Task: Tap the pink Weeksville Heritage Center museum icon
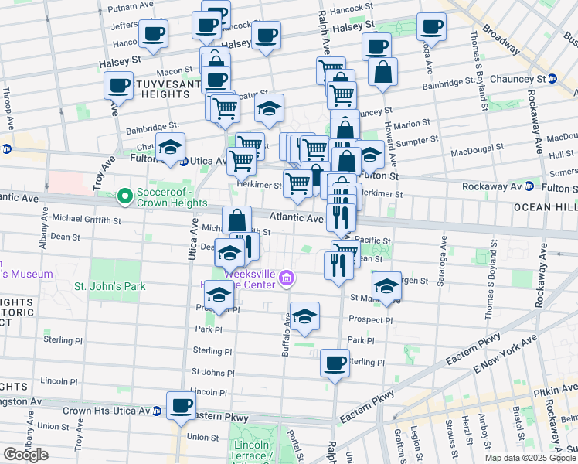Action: (287, 277)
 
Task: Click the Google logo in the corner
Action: (25, 455)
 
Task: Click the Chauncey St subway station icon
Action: (552, 79)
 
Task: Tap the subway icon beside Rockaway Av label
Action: (529, 186)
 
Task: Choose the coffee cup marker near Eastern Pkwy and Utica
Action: (182, 404)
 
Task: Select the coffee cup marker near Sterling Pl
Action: (335, 362)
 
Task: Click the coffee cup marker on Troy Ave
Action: (119, 85)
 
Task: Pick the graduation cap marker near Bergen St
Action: (386, 284)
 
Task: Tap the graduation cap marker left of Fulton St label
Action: (371, 158)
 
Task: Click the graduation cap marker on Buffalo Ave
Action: (305, 316)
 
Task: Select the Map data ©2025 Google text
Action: (530, 458)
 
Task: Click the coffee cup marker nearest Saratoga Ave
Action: (430, 26)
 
